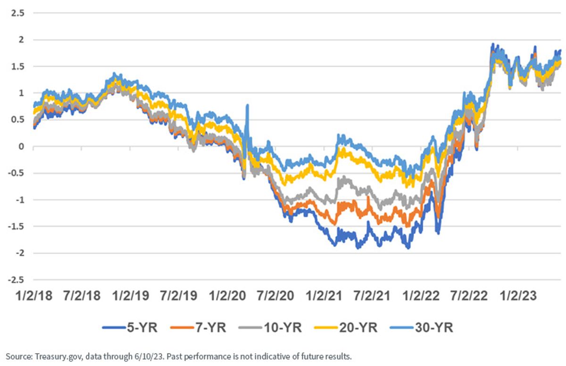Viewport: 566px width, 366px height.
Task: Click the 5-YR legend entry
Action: tap(130, 328)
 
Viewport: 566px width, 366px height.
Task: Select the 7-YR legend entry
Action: tap(199, 328)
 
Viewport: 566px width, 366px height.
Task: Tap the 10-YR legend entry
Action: tap(270, 328)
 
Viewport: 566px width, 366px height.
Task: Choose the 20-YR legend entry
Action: tap(346, 328)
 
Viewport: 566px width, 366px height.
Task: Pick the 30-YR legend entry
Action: tap(422, 328)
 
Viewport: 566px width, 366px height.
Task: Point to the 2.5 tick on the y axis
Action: tap(18, 13)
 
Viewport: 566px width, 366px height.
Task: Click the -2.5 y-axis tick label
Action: tap(16, 280)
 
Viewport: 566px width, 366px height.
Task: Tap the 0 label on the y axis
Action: tap(21, 147)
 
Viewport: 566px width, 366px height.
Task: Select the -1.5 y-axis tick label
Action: tap(16, 226)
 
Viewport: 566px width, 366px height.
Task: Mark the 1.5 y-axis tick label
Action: tap(18, 67)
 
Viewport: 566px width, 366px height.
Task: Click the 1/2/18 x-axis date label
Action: tap(34, 296)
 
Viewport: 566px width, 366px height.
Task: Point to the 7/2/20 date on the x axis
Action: tap(275, 296)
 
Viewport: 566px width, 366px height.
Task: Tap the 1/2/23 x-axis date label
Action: tap(518, 296)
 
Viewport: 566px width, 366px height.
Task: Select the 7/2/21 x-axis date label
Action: tap(372, 296)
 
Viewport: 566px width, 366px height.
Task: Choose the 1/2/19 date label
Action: tap(131, 296)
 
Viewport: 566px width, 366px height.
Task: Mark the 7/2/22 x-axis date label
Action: tap(469, 296)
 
